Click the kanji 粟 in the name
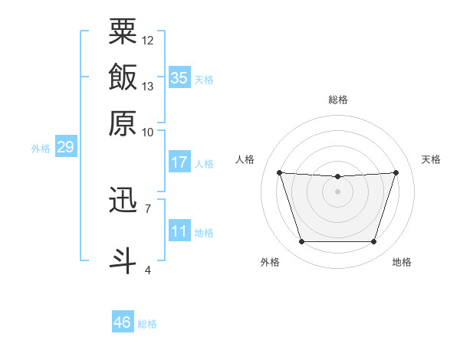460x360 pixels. click(123, 31)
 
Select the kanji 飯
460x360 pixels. click(123, 77)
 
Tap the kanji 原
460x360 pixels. click(123, 123)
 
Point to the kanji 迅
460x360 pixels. click(123, 199)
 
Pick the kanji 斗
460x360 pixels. click(123, 261)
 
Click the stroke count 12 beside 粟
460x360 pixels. click(147, 41)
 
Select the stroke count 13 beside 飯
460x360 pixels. click(147, 87)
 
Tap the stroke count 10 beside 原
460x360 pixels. click(147, 133)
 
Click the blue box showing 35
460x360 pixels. click(179, 77)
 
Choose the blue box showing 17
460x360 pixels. click(179, 162)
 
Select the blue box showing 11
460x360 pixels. click(179, 230)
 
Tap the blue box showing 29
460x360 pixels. click(66, 146)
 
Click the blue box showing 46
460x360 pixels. click(123, 321)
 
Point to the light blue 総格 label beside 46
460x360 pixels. click(147, 324)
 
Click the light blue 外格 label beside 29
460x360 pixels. click(41, 149)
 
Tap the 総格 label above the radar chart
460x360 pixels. click(338, 100)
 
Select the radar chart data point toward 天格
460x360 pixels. click(396, 172)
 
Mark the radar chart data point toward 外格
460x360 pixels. click(302, 241)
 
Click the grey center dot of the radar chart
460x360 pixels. click(337, 191)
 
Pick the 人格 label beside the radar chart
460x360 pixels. click(245, 159)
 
